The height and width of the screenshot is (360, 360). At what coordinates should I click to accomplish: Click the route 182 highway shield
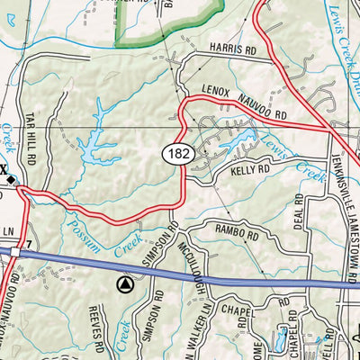[x=177, y=154]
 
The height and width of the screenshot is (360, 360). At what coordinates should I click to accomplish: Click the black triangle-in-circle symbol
[x=125, y=285]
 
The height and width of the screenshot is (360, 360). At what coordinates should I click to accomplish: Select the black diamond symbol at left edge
[x=11, y=180]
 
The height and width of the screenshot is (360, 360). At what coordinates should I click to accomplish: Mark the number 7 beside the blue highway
[x=30, y=246]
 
